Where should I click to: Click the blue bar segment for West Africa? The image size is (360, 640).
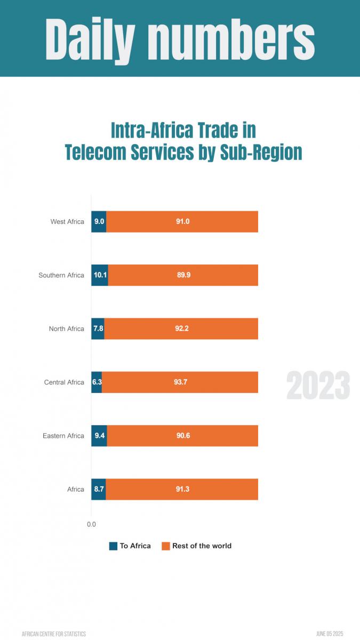point(99,222)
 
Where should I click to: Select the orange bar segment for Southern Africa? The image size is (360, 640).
point(183,275)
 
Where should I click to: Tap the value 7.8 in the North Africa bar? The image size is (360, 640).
point(98,329)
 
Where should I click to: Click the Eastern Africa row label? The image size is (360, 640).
point(63,436)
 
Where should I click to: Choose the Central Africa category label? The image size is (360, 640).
point(64,382)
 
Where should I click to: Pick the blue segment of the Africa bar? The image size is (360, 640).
point(99,489)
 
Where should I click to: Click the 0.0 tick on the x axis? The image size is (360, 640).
point(91,524)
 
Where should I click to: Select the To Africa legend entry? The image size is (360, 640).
point(130,546)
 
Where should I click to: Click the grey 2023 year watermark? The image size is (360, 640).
point(318,386)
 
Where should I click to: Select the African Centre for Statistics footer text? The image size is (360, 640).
point(53,634)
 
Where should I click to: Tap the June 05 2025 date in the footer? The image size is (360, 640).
point(329,634)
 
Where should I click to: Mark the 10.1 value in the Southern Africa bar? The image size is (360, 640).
point(100,275)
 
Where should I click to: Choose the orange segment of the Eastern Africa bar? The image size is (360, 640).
point(182,436)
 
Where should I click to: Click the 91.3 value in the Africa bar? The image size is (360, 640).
point(182,489)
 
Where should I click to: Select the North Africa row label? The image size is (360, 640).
point(66,329)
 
